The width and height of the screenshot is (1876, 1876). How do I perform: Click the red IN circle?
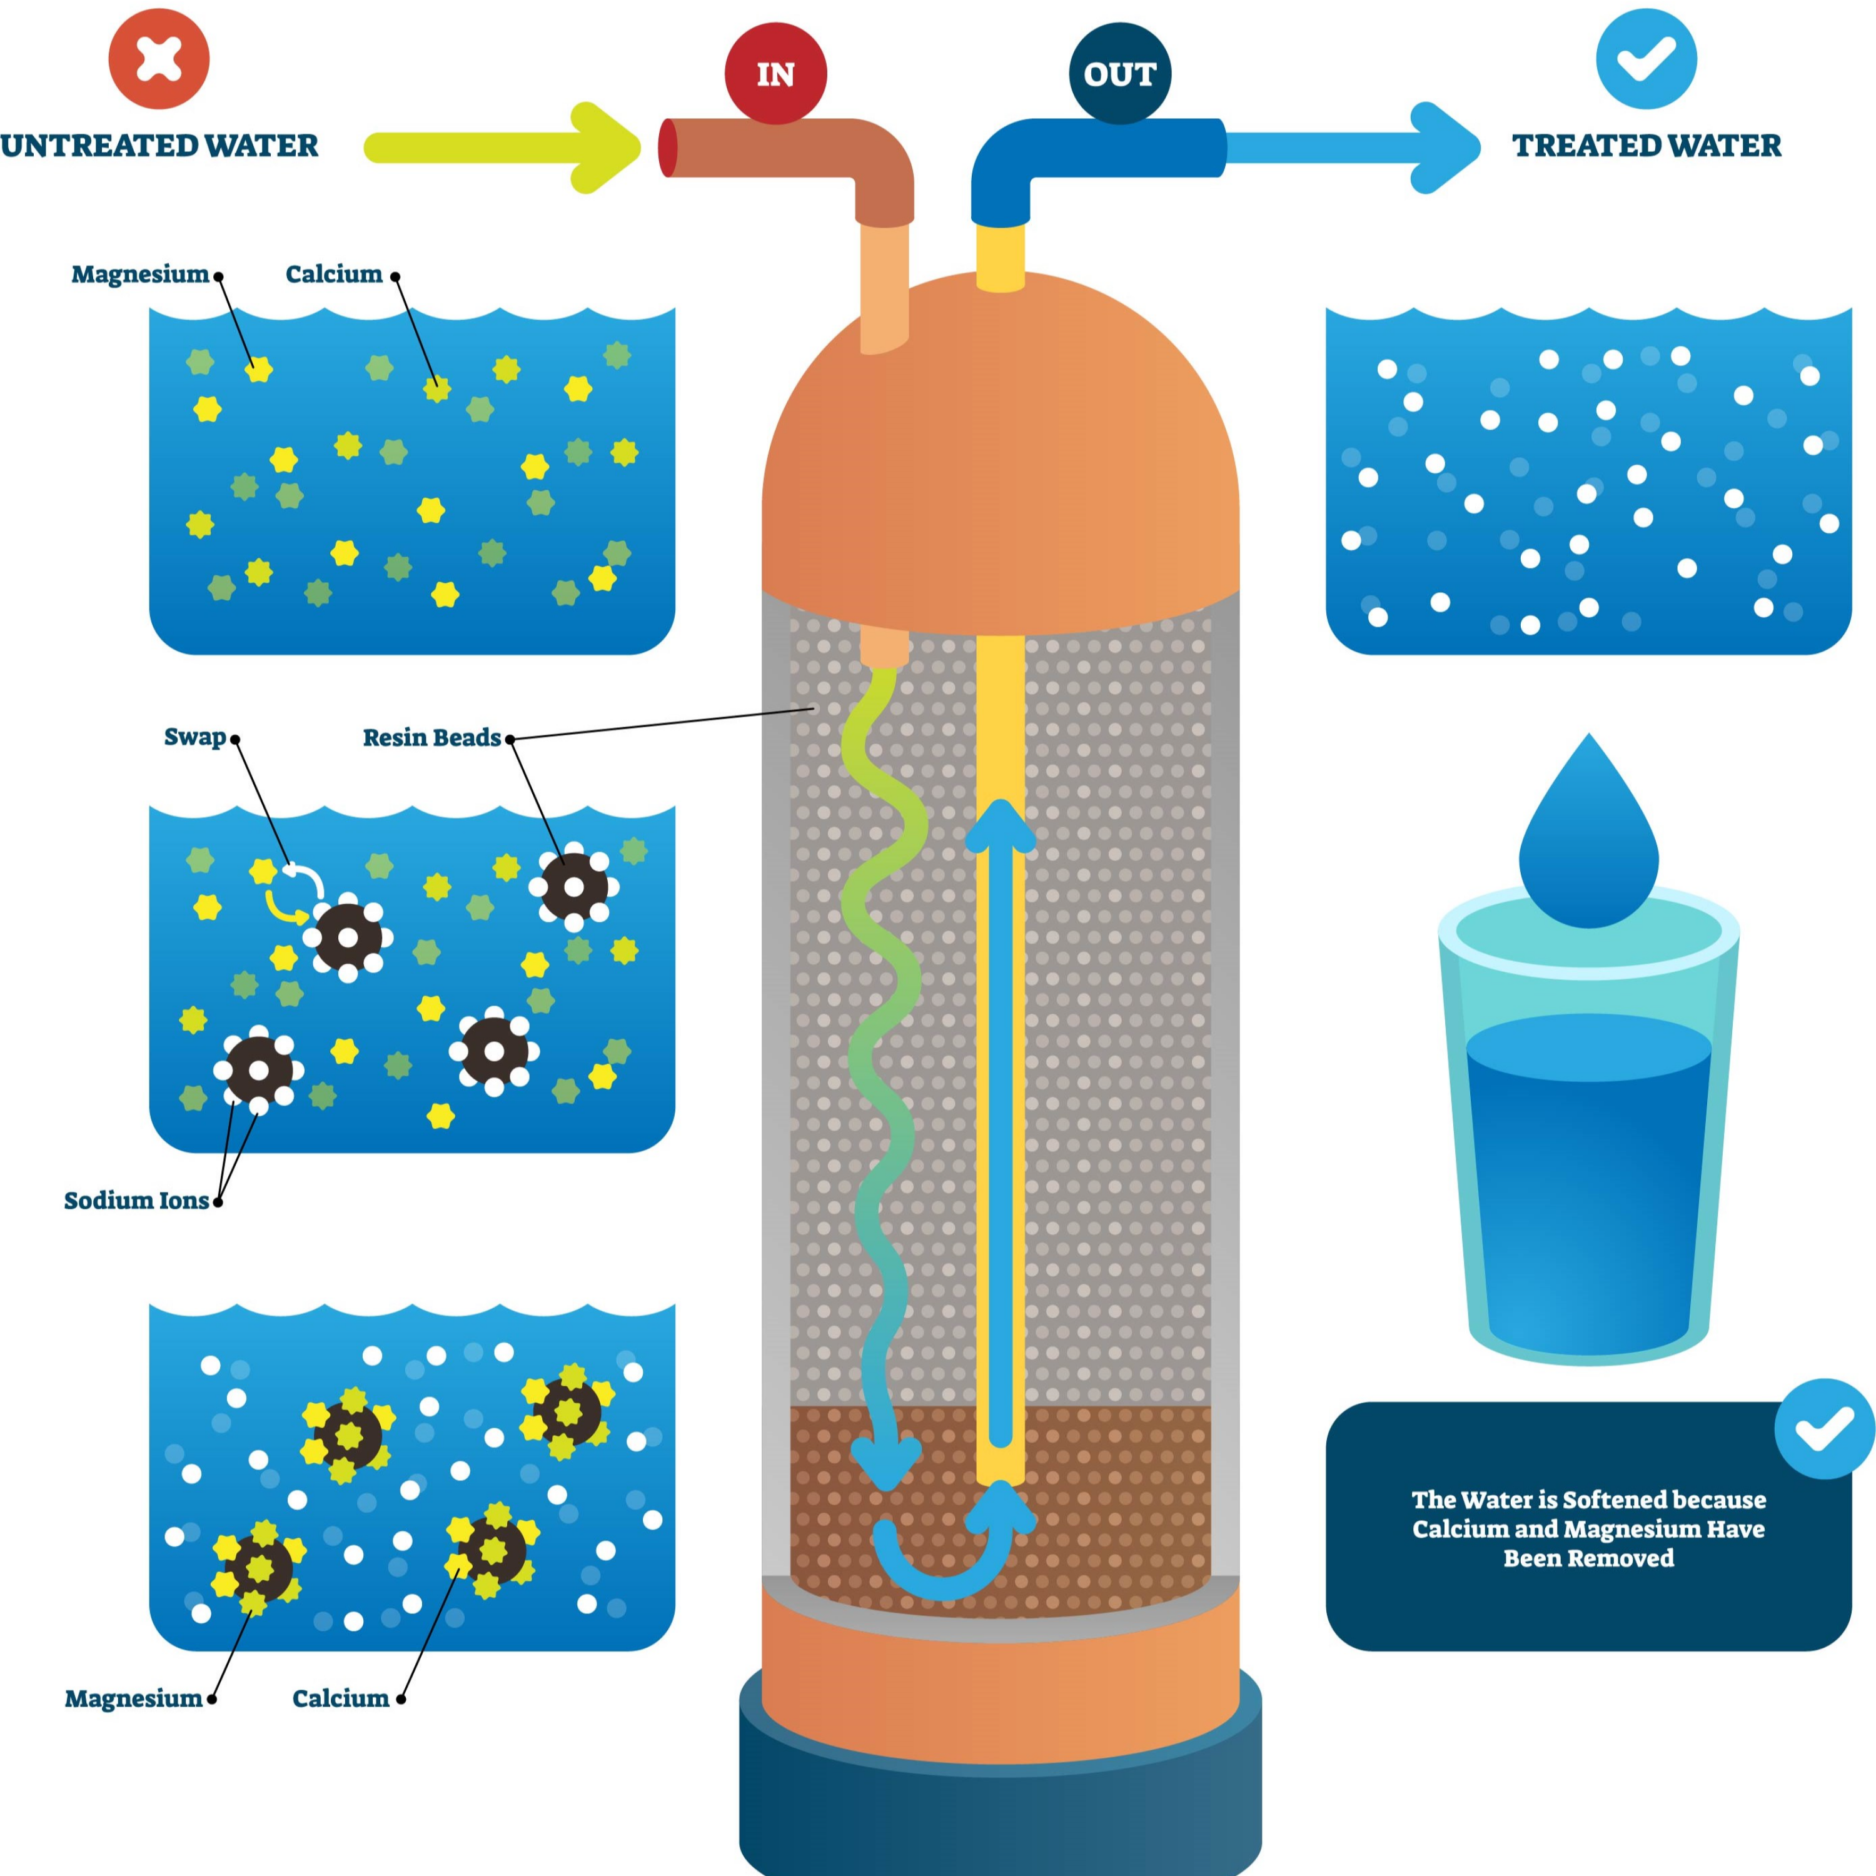[x=776, y=74]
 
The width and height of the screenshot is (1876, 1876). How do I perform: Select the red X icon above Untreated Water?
[x=159, y=58]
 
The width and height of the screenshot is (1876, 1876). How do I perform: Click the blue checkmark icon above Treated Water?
[x=1647, y=58]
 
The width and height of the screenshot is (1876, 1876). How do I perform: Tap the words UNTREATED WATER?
[x=159, y=146]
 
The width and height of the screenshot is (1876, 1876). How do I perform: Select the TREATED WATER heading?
[x=1647, y=146]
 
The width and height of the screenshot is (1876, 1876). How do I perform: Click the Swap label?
[x=194, y=737]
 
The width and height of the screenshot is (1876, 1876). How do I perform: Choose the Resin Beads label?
[x=432, y=738]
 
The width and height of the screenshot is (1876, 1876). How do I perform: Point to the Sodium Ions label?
[x=136, y=1201]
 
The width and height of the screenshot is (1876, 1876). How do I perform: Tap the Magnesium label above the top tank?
[x=140, y=275]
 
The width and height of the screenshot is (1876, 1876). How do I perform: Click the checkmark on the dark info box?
[x=1825, y=1428]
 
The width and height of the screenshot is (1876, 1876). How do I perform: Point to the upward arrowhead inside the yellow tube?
[x=1000, y=825]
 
